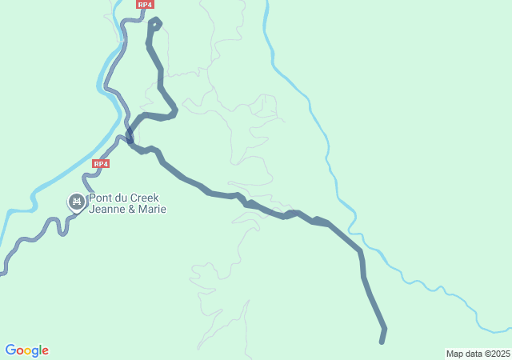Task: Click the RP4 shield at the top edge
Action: click(x=145, y=5)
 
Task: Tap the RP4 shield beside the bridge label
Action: click(x=100, y=163)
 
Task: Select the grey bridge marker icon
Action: click(x=77, y=202)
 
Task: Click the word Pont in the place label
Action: click(x=100, y=198)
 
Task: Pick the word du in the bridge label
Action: click(x=123, y=198)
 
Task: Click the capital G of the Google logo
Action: click(x=10, y=350)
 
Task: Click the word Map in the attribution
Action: click(x=455, y=354)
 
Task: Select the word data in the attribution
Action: click(x=473, y=354)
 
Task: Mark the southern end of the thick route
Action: click(x=382, y=342)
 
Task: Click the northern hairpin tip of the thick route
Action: click(x=155, y=22)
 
